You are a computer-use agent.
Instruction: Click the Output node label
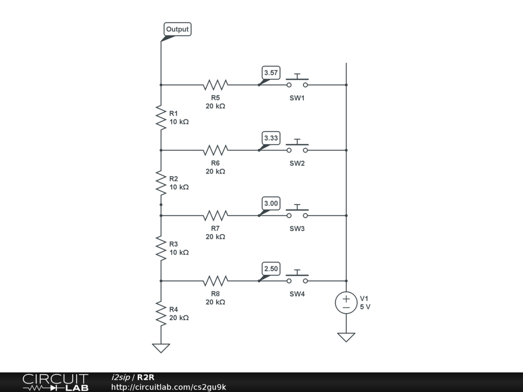point(177,30)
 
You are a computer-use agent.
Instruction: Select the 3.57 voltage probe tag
point(271,73)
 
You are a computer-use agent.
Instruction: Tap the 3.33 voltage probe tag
point(271,138)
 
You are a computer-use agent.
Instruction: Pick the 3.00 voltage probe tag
point(271,204)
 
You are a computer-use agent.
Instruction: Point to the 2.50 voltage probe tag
point(271,269)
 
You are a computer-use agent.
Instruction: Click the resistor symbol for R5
point(216,85)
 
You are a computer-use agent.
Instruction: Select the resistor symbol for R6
point(216,150)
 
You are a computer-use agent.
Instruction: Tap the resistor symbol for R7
point(216,215)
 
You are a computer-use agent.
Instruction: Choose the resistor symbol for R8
point(216,281)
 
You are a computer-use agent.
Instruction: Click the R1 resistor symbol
point(161,117)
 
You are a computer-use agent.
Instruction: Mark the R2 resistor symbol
point(161,183)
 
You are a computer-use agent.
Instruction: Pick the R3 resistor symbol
point(161,248)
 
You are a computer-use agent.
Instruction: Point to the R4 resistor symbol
point(161,313)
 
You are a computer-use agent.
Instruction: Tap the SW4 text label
point(297,294)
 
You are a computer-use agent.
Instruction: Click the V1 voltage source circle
point(346,303)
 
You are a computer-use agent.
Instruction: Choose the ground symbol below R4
point(161,348)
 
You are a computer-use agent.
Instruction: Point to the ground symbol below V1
point(346,337)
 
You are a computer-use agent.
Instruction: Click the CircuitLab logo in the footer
point(55,382)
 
